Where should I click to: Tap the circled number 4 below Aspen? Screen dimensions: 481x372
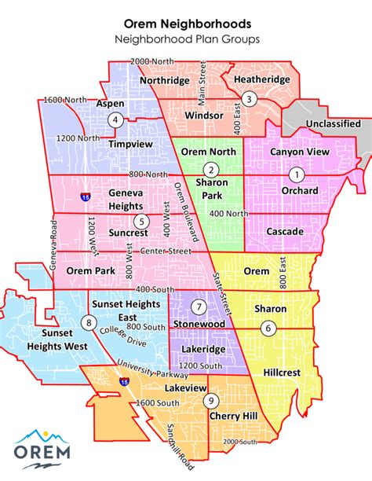tap(115, 120)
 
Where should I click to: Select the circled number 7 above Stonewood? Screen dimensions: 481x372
tap(199, 306)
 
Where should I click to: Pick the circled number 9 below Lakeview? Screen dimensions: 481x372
tap(211, 401)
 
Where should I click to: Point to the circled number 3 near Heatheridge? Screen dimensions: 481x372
tap(248, 99)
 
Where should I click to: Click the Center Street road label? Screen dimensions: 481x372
tap(166, 251)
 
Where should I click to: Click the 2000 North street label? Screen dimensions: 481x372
tap(151, 61)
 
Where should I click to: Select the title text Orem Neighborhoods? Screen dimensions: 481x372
tap(185, 24)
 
